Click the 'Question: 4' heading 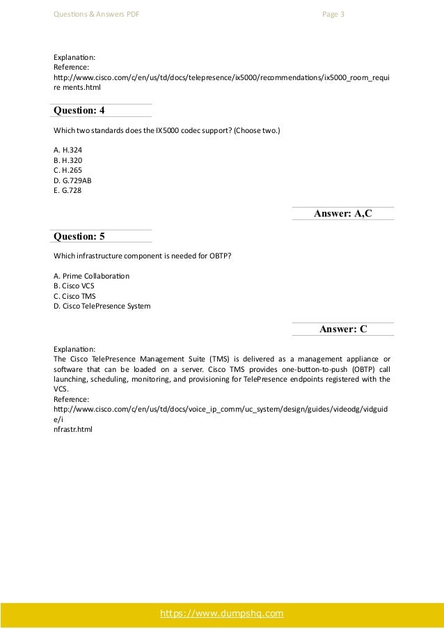[x=79, y=110]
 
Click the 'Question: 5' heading [x=79, y=236]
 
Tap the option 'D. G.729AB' [x=72, y=179]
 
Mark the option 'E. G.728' [x=67, y=189]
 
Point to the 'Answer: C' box [x=343, y=329]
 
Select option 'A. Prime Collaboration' [x=91, y=276]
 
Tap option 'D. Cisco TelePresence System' [x=102, y=305]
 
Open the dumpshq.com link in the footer [x=222, y=614]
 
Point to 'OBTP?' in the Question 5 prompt [x=219, y=256]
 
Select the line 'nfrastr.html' [x=72, y=429]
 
